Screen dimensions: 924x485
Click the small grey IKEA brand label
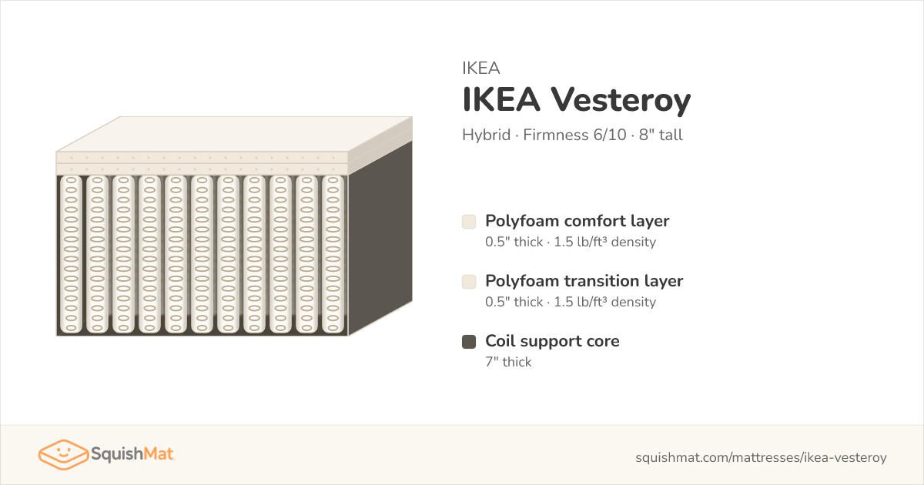click(481, 68)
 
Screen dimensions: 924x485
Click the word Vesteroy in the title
click(621, 100)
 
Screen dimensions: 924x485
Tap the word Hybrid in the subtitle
click(487, 135)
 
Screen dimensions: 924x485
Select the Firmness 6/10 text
click(574, 135)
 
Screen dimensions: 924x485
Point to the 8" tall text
click(661, 135)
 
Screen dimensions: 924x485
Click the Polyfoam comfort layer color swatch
click(469, 222)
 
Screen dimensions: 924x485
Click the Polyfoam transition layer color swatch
click(469, 282)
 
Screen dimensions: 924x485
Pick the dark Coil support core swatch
click(469, 342)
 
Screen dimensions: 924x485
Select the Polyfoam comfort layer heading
click(577, 222)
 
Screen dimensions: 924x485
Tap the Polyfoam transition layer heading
click(584, 281)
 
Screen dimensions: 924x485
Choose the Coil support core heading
click(552, 342)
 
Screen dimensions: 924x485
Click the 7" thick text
click(508, 362)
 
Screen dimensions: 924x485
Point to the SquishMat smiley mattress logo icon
click(63, 454)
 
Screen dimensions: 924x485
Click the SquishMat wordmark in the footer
click(132, 454)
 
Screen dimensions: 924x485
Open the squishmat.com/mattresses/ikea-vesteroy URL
click(761, 457)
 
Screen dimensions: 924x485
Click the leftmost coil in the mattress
click(71, 255)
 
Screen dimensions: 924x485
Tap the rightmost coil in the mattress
click(333, 255)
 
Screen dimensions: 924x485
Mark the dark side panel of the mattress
click(380, 239)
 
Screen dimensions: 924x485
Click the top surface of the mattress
click(234, 134)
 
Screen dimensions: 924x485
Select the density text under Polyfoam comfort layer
click(604, 242)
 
